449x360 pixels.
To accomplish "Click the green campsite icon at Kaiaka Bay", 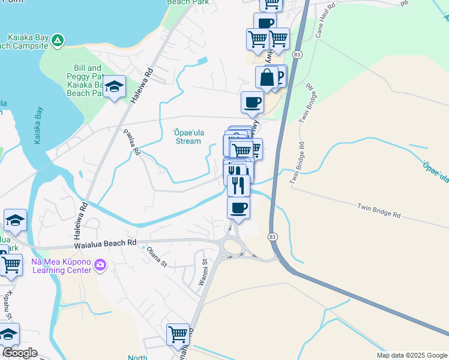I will tap(56, 40).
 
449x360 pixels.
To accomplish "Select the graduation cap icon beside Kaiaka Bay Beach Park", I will tap(113, 88).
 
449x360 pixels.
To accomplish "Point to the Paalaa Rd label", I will tap(131, 142).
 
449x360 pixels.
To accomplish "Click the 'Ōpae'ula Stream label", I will tap(187, 137).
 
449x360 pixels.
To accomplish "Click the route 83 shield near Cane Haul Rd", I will tap(297, 54).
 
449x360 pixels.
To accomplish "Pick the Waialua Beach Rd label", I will tap(105, 244).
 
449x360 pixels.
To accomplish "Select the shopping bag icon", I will tap(267, 78).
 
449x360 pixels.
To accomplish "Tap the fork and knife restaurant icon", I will tap(238, 185).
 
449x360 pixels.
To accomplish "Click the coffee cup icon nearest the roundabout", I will tap(238, 208).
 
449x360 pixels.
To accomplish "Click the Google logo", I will tap(19, 353).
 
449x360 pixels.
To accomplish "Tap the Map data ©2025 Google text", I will tap(411, 355).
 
